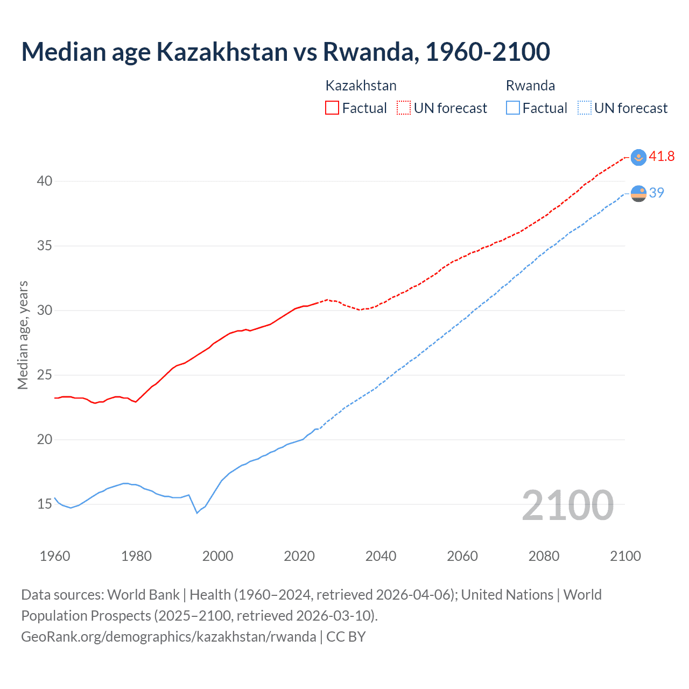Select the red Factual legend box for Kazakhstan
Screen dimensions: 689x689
click(x=332, y=108)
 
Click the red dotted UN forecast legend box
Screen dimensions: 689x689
click(x=404, y=108)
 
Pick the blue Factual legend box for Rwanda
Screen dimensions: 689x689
click(x=512, y=108)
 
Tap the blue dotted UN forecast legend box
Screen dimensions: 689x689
click(x=584, y=108)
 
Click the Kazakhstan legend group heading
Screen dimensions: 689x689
click(x=361, y=86)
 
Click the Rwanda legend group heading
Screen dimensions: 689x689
click(x=530, y=86)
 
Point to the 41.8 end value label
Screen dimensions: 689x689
click(x=662, y=157)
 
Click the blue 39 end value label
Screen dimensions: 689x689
click(x=656, y=193)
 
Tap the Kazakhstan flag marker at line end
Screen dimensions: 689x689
click(x=638, y=157)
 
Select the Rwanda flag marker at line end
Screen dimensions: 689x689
click(x=638, y=193)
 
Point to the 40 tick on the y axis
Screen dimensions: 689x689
click(x=45, y=181)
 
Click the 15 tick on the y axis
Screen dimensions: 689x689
click(x=45, y=504)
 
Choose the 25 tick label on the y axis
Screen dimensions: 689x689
click(x=45, y=375)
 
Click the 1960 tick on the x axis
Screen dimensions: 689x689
click(x=55, y=556)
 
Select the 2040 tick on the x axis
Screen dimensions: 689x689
click(x=381, y=556)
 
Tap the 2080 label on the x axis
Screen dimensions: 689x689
click(x=544, y=556)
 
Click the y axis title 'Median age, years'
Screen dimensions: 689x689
click(x=23, y=335)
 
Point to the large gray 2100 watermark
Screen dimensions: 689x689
click(x=567, y=505)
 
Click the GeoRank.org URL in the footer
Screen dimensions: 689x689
click(x=168, y=637)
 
